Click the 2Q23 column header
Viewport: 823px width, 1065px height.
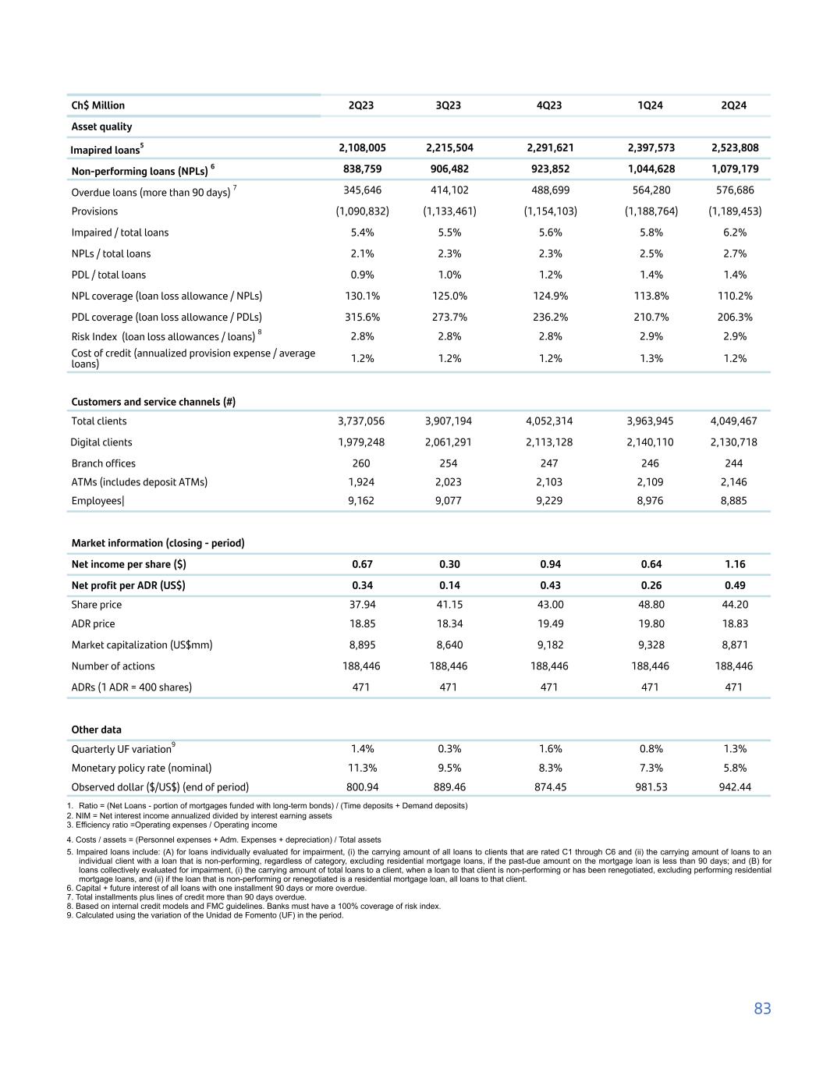360,105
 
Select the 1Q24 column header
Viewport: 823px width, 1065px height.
650,105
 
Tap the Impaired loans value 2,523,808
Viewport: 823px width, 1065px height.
734,147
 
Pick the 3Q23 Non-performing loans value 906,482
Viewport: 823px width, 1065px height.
448,169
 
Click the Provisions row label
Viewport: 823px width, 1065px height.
94,211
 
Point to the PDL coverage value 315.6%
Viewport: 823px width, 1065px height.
361,317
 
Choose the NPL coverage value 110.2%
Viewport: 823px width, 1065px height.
734,296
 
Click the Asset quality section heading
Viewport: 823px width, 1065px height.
101,126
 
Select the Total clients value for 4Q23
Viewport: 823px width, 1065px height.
549,421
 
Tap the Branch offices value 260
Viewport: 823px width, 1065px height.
361,463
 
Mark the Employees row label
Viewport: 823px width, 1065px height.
98,501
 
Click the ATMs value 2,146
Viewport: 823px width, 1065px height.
734,482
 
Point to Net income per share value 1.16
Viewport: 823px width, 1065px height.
734,564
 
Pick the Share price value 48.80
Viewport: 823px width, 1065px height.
650,605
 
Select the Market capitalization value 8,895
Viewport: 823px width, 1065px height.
361,644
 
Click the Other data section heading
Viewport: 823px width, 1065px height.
96,730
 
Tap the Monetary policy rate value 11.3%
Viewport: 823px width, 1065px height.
361,768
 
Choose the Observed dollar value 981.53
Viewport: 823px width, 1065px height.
650,786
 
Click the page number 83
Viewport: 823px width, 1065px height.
762,1009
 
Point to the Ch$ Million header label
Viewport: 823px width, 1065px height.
98,105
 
